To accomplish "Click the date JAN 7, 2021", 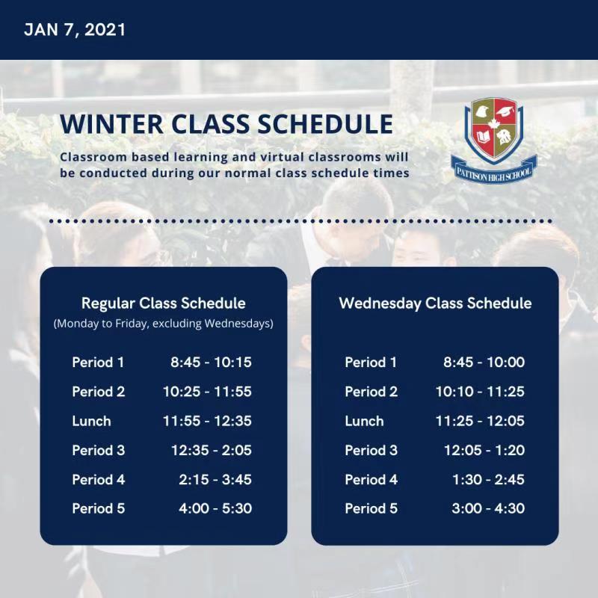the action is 75,30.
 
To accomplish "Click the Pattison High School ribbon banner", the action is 494,170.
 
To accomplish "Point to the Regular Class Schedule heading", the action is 163,303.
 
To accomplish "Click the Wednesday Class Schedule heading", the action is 435,303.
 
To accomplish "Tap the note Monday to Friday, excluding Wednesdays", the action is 163,324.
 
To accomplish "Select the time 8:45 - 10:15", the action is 211,362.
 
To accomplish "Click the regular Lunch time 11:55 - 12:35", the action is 207,421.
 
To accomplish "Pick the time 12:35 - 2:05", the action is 212,450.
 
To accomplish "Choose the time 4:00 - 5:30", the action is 215,508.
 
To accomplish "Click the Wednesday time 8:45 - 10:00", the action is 484,362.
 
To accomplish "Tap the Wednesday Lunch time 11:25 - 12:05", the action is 480,421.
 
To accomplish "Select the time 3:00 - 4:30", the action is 488,508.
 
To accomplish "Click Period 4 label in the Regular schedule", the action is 99,479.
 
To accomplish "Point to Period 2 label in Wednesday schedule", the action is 371,391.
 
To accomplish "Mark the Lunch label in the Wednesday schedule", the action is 364,421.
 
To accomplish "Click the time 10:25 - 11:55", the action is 207,391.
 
